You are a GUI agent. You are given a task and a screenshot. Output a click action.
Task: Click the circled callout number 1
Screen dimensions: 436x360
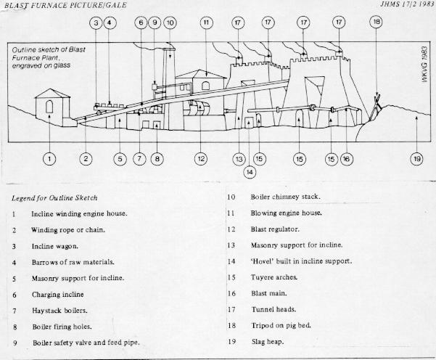click(x=49, y=159)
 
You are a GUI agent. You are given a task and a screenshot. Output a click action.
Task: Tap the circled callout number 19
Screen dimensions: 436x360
click(x=417, y=159)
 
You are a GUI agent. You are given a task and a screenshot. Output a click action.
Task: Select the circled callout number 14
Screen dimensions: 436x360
click(x=250, y=172)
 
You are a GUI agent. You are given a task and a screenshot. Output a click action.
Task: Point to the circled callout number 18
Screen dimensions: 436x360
click(x=377, y=22)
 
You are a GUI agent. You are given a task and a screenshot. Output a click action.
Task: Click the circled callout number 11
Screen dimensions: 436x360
click(x=206, y=22)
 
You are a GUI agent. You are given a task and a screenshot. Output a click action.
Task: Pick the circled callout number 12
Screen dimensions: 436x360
click(x=201, y=159)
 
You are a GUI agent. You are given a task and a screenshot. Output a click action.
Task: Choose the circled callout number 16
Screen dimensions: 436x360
click(x=347, y=159)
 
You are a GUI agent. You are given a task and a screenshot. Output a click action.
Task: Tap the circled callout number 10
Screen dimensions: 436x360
click(x=170, y=22)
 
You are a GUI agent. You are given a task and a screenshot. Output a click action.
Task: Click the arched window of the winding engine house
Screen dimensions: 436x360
click(x=49, y=107)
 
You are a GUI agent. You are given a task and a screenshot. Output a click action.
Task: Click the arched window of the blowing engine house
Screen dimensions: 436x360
click(x=205, y=86)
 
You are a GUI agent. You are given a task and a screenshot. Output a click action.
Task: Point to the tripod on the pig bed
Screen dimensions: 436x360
click(x=375, y=107)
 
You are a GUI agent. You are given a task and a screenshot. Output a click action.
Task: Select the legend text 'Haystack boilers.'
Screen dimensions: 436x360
click(x=59, y=311)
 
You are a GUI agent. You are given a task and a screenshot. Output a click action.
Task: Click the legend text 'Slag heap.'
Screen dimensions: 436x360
click(x=268, y=342)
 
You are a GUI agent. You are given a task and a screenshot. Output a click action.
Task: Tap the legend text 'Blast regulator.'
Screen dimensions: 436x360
click(x=275, y=229)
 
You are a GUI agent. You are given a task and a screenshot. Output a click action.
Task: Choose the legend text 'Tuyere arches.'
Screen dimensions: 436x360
click(x=274, y=277)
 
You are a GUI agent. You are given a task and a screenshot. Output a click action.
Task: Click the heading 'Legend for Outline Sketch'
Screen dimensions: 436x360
click(x=54, y=198)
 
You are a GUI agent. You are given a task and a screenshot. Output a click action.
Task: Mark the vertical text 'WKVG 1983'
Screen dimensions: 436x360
click(x=424, y=65)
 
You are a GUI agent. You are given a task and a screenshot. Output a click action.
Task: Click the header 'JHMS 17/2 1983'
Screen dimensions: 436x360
click(x=407, y=4)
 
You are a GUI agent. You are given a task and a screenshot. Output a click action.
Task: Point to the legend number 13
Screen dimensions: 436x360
click(x=231, y=245)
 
